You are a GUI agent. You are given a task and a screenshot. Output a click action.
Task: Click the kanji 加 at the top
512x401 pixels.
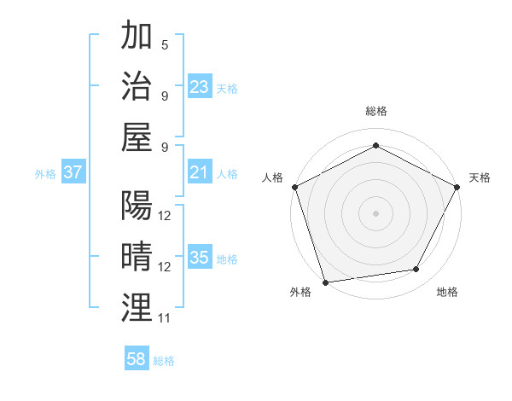click(137, 37)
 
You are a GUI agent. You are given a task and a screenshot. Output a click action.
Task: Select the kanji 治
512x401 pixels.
click(137, 86)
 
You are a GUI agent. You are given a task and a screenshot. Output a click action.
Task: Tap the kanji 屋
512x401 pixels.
click(137, 137)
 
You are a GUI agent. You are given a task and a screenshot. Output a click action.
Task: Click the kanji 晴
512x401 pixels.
click(137, 257)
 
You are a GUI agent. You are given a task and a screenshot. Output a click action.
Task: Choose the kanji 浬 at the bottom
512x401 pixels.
click(137, 307)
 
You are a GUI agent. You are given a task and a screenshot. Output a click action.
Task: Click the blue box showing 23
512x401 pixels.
click(200, 87)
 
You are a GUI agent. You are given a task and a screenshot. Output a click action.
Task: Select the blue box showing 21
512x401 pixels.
click(200, 173)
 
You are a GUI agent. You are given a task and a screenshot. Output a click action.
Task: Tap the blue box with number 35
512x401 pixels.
click(200, 259)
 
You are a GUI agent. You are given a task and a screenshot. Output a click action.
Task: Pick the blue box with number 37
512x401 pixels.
click(73, 173)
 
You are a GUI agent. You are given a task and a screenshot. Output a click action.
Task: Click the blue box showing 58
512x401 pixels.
click(137, 360)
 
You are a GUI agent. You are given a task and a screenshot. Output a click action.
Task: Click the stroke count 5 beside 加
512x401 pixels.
click(165, 44)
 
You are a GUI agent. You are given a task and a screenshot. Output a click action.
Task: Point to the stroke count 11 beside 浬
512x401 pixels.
click(165, 318)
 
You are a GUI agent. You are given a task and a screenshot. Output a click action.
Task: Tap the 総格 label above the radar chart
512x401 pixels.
click(375, 111)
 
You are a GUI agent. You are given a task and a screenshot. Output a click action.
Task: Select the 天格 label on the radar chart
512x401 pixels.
click(480, 177)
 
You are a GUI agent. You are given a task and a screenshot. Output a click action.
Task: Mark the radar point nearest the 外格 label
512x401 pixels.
click(325, 281)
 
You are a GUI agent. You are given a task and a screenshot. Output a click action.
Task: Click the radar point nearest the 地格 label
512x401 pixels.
click(416, 270)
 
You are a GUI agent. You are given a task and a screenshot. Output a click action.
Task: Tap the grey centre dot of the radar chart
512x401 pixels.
click(375, 212)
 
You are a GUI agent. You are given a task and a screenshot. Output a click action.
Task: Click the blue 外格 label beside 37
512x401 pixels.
click(45, 174)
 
